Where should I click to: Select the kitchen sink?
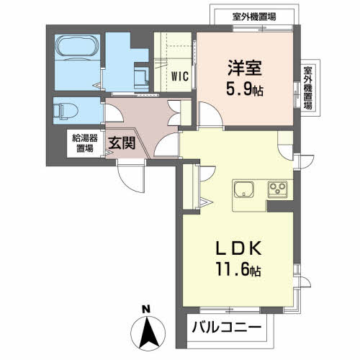243,191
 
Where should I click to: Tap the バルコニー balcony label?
227,329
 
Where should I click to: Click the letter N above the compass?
146,310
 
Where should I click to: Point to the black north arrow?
146,333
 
